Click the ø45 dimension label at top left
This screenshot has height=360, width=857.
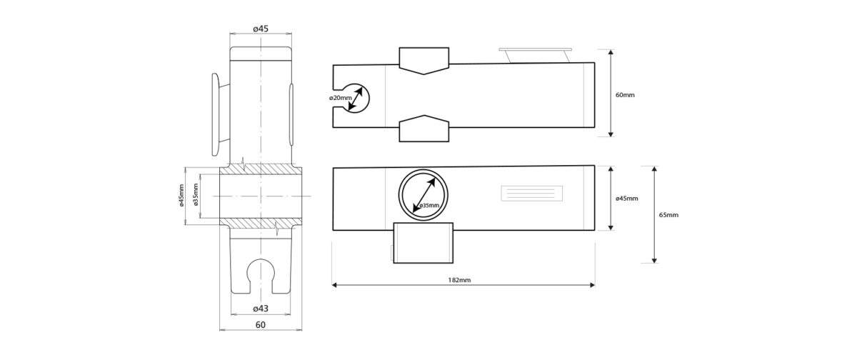[x=261, y=29]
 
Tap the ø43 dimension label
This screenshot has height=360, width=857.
[x=261, y=309]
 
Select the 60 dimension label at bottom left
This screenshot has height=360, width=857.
[x=260, y=325]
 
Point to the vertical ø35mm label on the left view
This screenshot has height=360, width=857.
[x=196, y=195]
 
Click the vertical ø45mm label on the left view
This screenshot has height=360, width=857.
[x=181, y=196]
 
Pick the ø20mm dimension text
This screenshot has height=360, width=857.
[x=340, y=98]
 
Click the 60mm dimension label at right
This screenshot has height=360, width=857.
[x=625, y=95]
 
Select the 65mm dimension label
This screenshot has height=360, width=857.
[x=668, y=215]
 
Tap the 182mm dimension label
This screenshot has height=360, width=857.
[x=459, y=280]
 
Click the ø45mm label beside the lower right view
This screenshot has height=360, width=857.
[x=627, y=198]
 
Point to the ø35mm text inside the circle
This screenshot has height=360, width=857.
[x=429, y=206]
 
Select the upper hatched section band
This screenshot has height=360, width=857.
[x=261, y=169]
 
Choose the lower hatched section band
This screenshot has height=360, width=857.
[x=261, y=224]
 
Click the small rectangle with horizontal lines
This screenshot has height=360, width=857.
[x=532, y=194]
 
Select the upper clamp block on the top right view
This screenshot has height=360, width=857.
[x=424, y=60]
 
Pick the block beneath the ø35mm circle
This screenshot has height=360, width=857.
[x=423, y=243]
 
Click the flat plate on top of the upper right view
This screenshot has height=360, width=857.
[x=535, y=50]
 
